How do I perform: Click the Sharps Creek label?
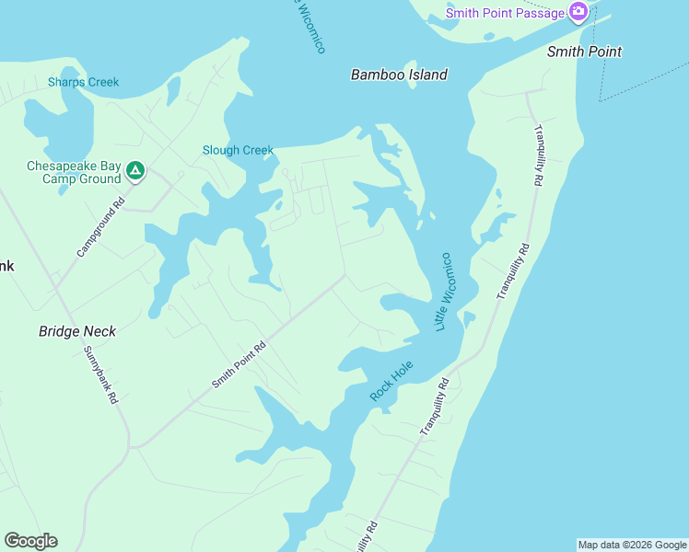pyautogui.click(x=84, y=82)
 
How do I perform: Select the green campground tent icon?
pyautogui.click(x=134, y=170)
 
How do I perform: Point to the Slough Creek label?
pyautogui.click(x=239, y=150)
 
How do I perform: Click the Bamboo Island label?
pyautogui.click(x=399, y=75)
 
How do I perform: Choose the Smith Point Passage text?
pyautogui.click(x=505, y=13)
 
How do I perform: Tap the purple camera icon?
pyautogui.click(x=578, y=12)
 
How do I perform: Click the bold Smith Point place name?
pyautogui.click(x=584, y=52)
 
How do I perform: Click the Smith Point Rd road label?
pyautogui.click(x=239, y=363)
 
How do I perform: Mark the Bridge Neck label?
pyautogui.click(x=77, y=331)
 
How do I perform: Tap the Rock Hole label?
pyautogui.click(x=391, y=380)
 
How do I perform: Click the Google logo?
pyautogui.click(x=30, y=541)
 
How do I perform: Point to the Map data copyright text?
pyautogui.click(x=632, y=545)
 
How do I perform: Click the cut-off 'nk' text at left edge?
pyautogui.click(x=6, y=266)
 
